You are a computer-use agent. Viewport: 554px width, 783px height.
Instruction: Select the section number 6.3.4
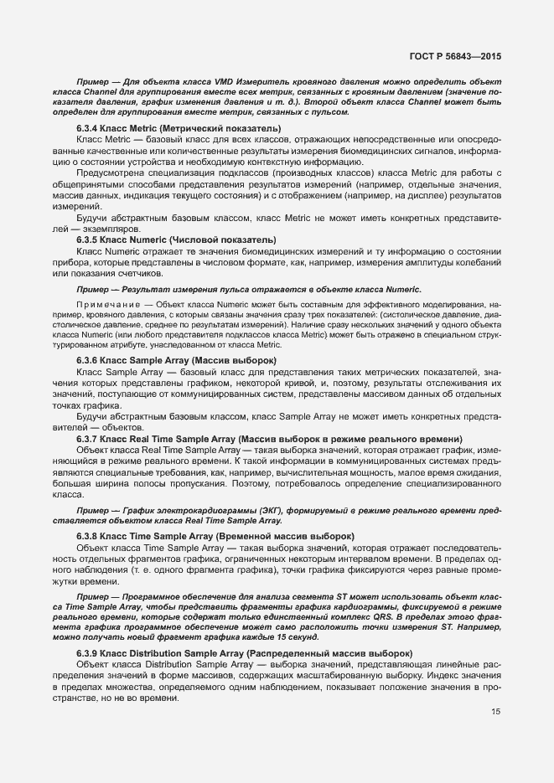[90, 127]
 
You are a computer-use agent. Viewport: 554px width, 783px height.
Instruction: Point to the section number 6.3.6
[90, 360]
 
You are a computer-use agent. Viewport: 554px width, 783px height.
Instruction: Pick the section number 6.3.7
[90, 439]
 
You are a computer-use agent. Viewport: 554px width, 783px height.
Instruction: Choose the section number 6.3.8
[90, 535]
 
